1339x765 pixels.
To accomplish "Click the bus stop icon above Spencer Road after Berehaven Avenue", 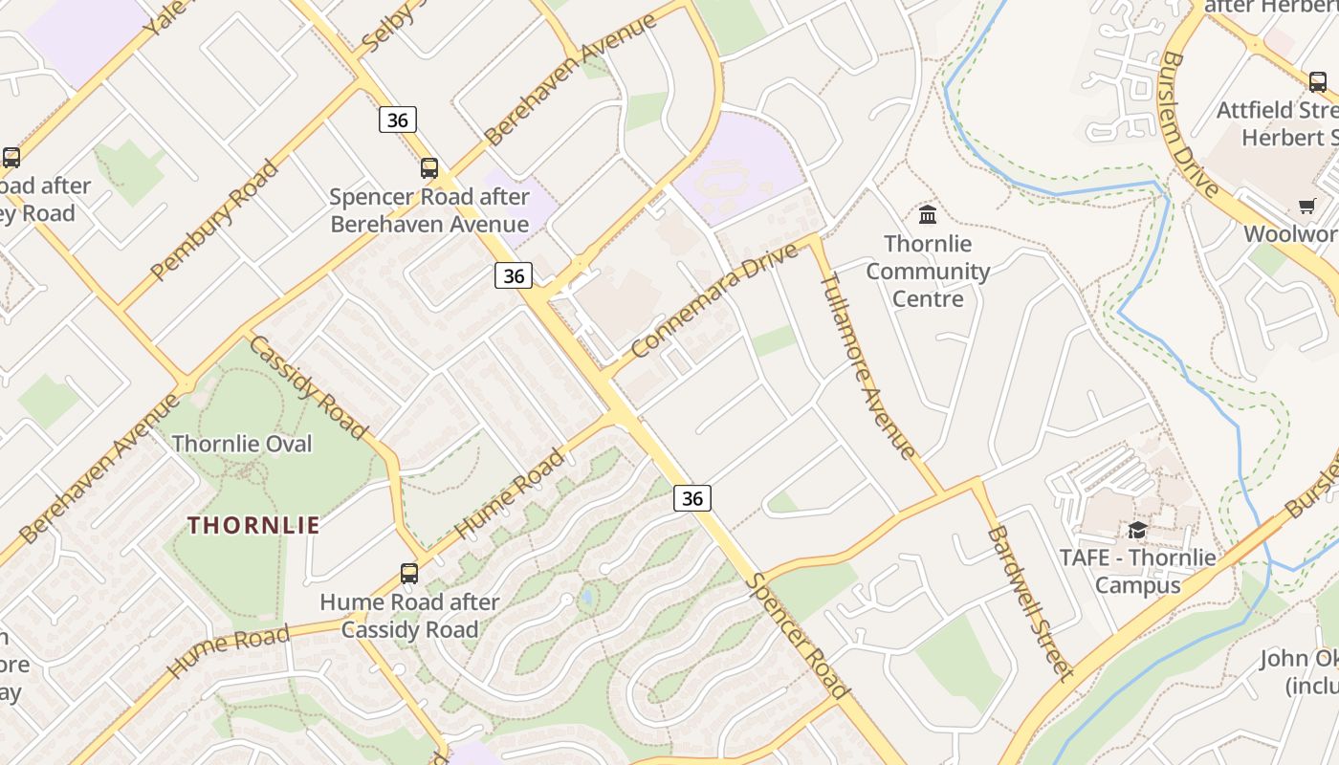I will click(x=429, y=168).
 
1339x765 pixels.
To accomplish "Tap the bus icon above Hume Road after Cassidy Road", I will click(x=409, y=574).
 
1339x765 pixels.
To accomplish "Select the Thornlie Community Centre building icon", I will click(x=927, y=213).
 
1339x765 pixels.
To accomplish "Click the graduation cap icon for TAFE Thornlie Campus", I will click(x=1137, y=530).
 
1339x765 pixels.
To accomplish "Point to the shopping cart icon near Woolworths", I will click(x=1306, y=206).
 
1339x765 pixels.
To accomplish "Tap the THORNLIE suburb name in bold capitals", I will click(x=253, y=525).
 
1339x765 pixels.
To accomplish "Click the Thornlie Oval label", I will click(x=242, y=444).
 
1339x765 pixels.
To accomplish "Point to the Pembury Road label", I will click(x=214, y=221).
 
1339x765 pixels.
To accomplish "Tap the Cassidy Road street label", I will click(x=308, y=386).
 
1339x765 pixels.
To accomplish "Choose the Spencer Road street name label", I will click(x=798, y=635).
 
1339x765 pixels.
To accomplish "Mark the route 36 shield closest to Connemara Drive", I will click(x=514, y=275).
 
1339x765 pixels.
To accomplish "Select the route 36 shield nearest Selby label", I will click(x=398, y=120).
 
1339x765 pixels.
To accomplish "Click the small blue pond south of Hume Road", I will click(x=586, y=598).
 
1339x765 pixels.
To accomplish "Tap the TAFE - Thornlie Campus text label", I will click(x=1137, y=571).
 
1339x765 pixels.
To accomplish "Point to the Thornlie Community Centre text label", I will click(x=927, y=272).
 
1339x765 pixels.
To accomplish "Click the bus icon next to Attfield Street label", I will click(x=1318, y=81).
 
